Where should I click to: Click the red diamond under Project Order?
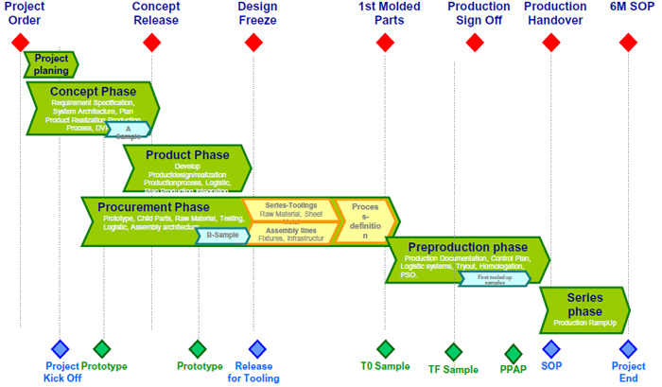coord(20,42)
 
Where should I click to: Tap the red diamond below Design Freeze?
coord(253,42)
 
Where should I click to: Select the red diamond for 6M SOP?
coord(628,42)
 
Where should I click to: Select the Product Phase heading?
coord(187,155)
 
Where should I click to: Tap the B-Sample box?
coord(222,236)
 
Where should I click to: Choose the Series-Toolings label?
coord(288,204)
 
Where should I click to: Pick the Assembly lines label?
coord(290,230)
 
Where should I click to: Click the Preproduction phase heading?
coord(468,247)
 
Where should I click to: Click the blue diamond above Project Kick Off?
coord(60,349)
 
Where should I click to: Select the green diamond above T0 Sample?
coord(384,349)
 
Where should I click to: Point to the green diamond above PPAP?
coord(514,354)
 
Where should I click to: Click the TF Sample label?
coord(453,370)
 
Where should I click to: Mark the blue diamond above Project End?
coord(628,349)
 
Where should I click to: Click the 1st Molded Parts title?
coord(384,13)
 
